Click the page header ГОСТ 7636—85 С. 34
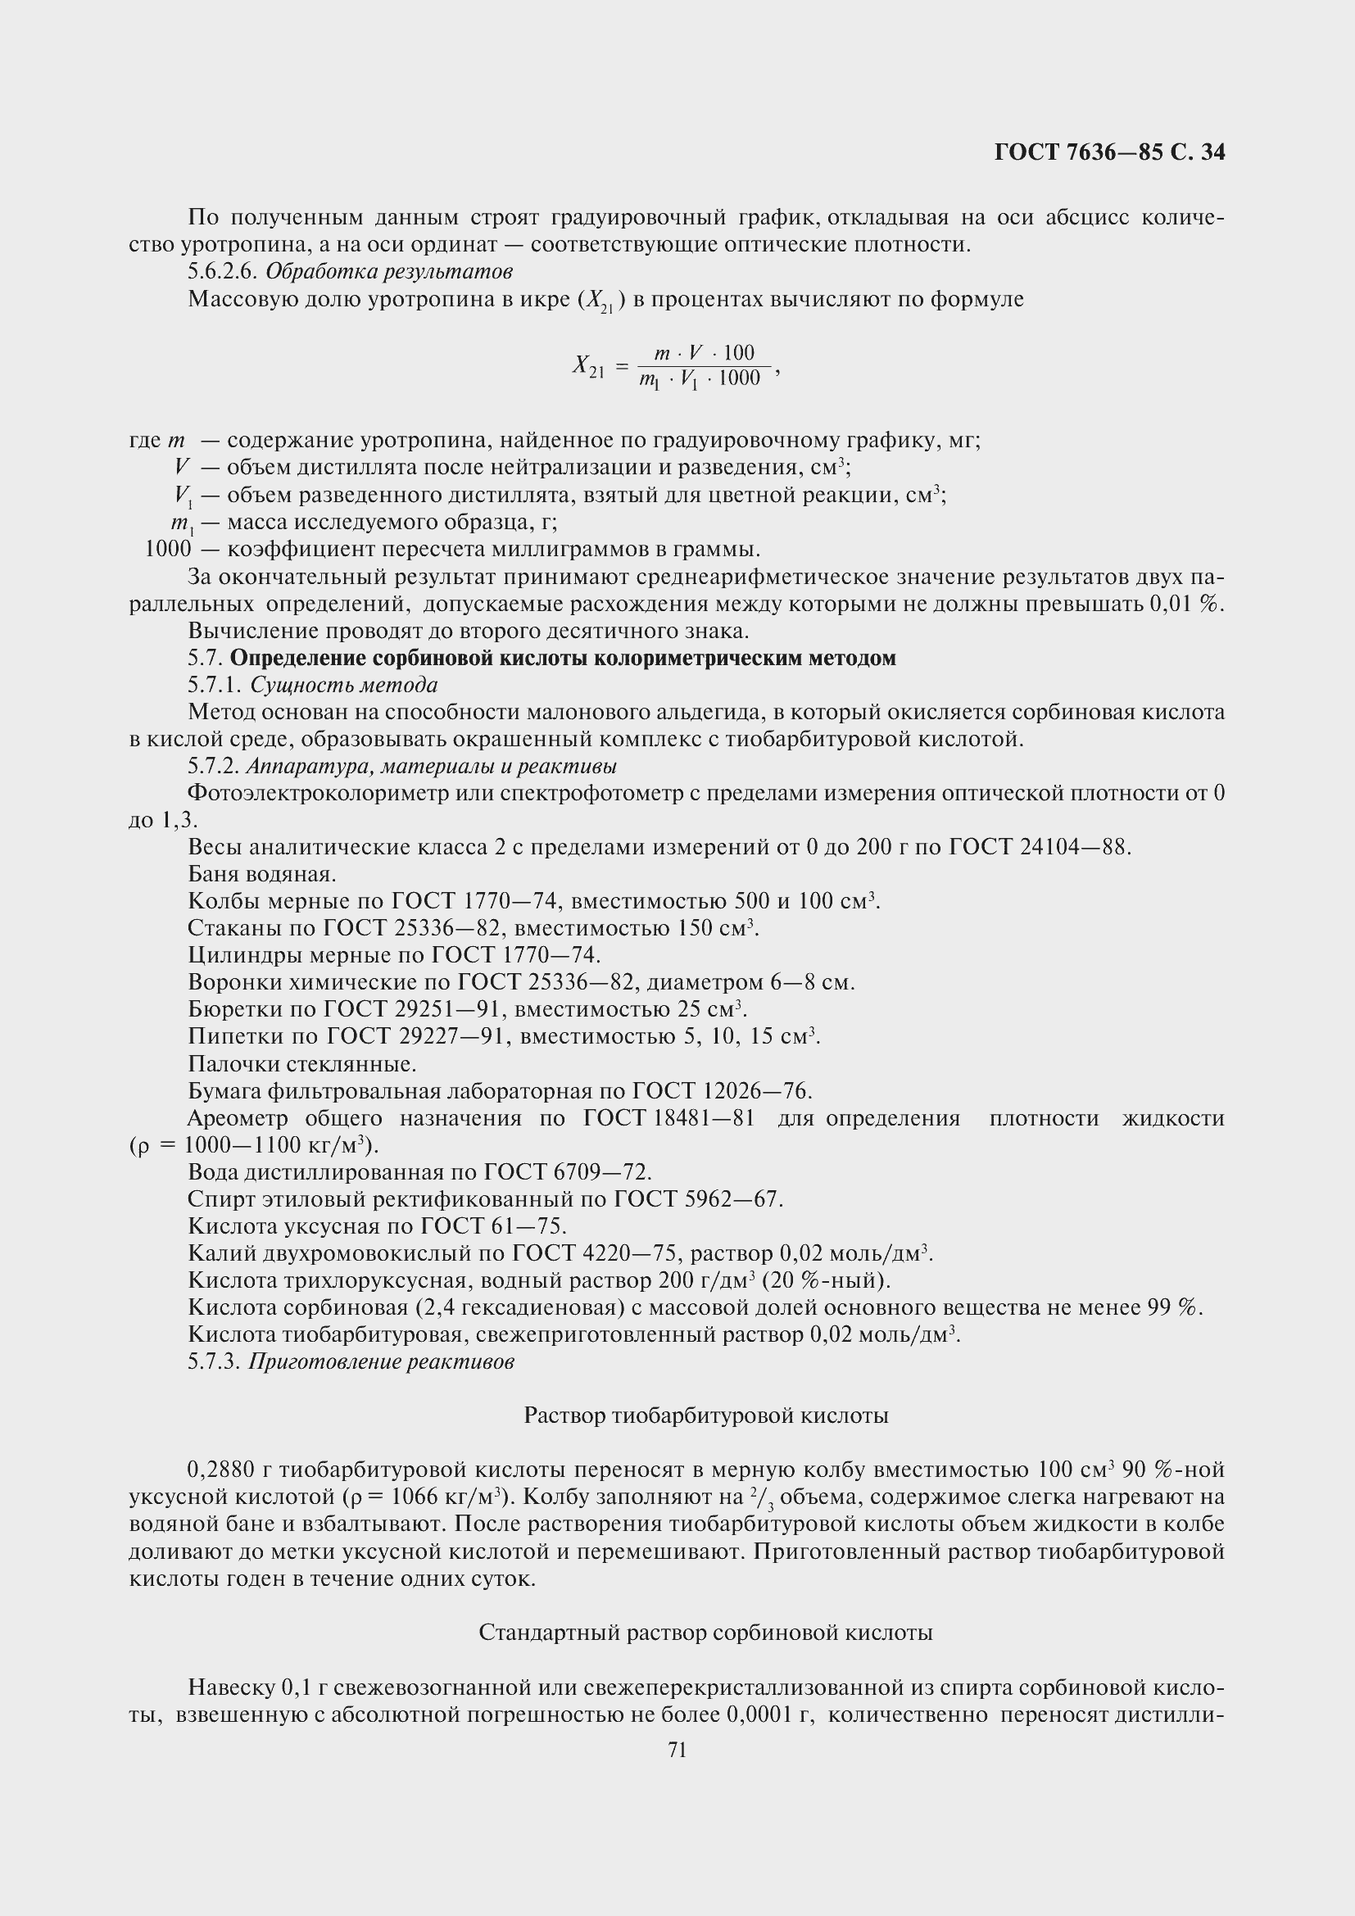1109,152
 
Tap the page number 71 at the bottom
677,1750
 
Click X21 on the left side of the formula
588,366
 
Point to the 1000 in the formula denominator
739,379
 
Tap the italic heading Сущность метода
344,685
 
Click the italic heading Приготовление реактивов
381,1362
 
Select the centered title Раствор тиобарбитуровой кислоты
706,1415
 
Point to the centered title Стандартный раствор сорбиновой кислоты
706,1633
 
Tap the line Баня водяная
262,875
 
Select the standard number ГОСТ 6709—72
567,1172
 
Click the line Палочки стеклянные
301,1064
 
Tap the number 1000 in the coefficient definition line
168,549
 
